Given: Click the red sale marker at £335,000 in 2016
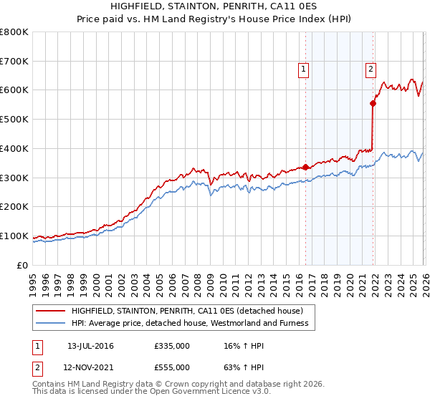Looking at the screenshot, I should pos(305,167).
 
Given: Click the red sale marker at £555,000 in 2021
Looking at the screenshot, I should pos(373,103).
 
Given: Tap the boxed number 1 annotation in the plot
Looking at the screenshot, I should pos(303,69).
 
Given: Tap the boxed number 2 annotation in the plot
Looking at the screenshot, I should pos(371,69).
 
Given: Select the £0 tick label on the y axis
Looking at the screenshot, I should pos(22,266).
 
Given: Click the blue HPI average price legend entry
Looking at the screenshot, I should pos(189,323).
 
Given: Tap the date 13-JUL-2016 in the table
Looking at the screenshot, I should pos(90,346).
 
